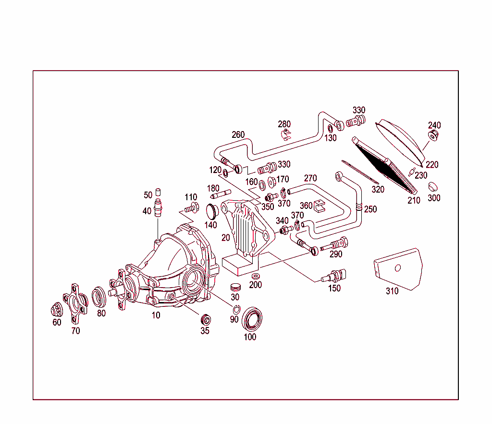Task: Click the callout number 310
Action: click(392, 291)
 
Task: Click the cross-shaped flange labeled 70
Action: click(75, 303)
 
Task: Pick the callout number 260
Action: click(238, 135)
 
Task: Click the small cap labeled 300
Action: click(434, 186)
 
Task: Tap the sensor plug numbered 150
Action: click(336, 276)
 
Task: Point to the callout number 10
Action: click(156, 315)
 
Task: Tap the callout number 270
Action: click(310, 178)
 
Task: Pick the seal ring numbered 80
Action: click(99, 296)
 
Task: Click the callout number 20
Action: click(225, 237)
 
